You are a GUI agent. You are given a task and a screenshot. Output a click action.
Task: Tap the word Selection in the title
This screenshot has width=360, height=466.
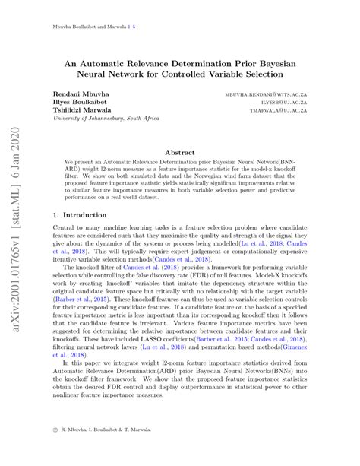(275, 78)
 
